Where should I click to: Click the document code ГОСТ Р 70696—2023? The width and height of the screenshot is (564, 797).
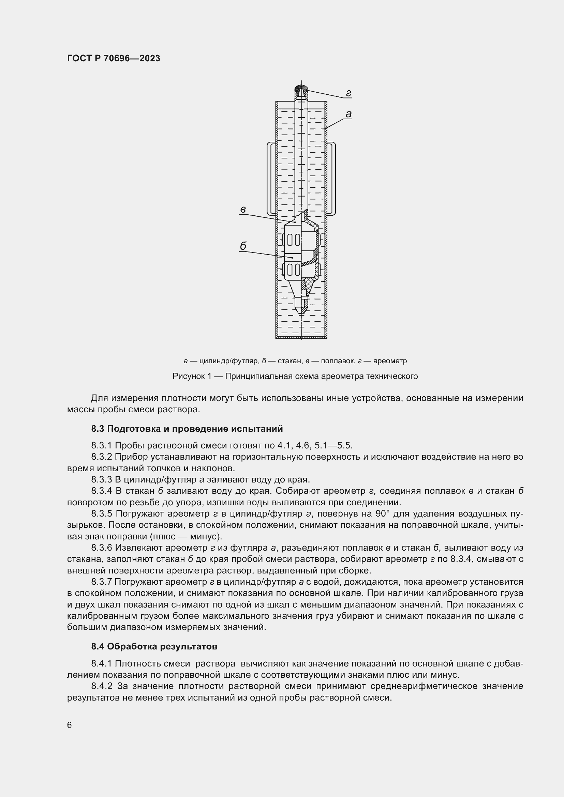[x=114, y=58]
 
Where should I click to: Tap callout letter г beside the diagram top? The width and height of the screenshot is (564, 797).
[x=348, y=93]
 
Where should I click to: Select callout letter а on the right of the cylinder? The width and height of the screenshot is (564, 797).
[x=348, y=114]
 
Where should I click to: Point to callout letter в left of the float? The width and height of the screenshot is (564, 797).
[x=243, y=209]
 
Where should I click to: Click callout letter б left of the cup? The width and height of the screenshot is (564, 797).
[x=243, y=246]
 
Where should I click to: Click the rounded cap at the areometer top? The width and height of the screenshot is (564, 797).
[x=301, y=91]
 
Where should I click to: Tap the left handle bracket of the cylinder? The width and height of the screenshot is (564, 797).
[x=271, y=179]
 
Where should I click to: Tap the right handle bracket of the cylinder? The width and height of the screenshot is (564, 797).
[x=332, y=179]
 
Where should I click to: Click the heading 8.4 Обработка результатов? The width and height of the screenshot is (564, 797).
[x=154, y=646]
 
